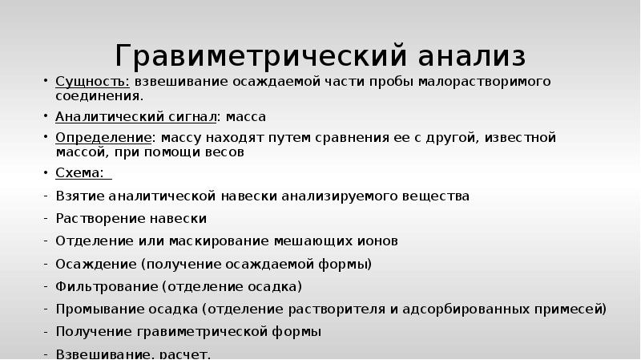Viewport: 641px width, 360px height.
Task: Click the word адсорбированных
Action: (484, 308)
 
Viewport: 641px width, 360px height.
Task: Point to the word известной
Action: (523, 138)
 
